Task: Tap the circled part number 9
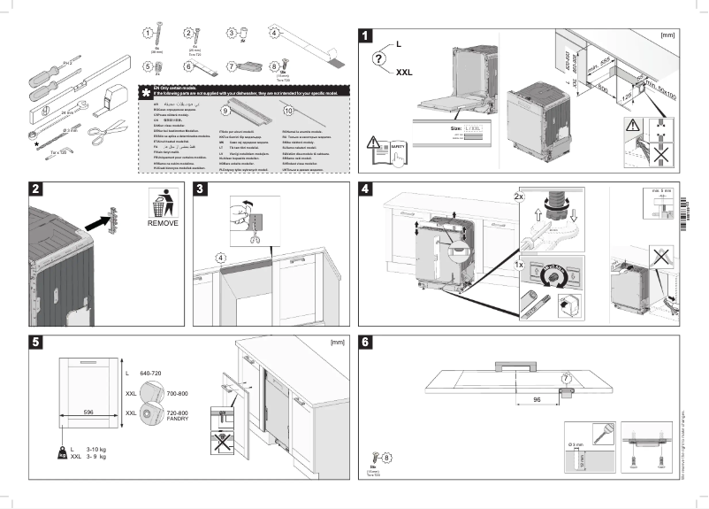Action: (225, 111)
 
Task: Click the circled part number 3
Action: (232, 34)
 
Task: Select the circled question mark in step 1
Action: (379, 59)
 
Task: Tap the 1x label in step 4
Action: (520, 265)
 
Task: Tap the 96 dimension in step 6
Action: (535, 398)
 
